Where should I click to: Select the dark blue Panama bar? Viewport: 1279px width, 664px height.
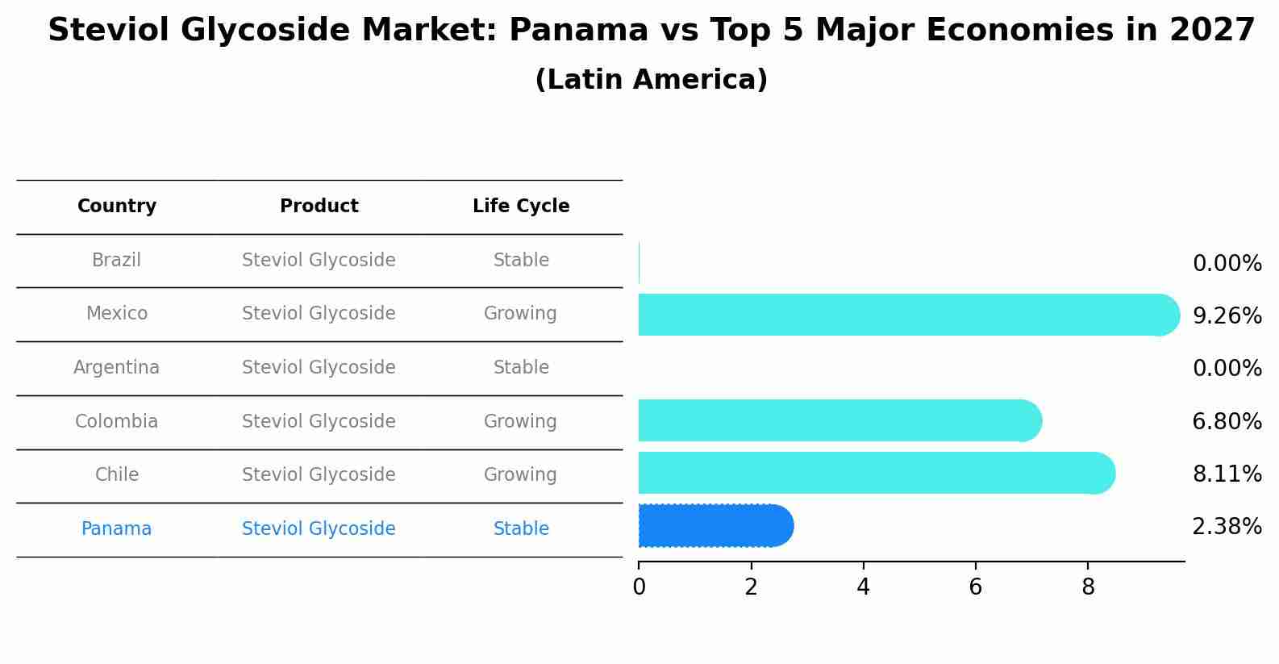point(714,526)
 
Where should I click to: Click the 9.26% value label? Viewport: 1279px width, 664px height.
point(1227,316)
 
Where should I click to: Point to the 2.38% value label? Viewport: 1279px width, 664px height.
point(1227,527)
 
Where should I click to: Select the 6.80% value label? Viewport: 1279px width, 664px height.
point(1227,422)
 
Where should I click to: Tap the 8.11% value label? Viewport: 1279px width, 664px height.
point(1227,474)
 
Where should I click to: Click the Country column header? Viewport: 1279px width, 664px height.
point(117,207)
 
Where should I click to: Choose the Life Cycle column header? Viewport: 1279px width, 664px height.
point(521,207)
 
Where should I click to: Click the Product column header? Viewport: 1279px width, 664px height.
point(319,207)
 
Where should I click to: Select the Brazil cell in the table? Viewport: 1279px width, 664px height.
point(116,261)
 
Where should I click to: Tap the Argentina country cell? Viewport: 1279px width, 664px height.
point(116,368)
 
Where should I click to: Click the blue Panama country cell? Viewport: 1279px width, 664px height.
point(116,529)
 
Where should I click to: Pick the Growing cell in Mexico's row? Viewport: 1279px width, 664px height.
point(520,314)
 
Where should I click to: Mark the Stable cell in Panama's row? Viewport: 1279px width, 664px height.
point(521,529)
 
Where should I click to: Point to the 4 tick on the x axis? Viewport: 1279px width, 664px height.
point(863,587)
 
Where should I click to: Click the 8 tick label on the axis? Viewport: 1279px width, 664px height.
point(1088,587)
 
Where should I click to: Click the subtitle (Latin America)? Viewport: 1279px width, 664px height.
point(651,80)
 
